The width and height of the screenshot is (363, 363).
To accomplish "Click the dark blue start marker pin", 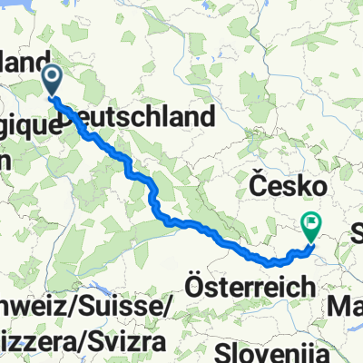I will (x=52, y=80).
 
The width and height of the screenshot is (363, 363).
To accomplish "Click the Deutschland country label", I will (x=141, y=117).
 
